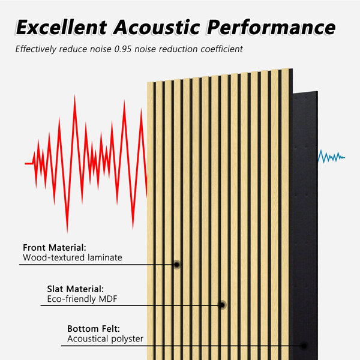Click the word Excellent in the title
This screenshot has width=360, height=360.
(x=61, y=28)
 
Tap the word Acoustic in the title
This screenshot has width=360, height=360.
(x=157, y=28)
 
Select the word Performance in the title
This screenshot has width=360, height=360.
(x=271, y=28)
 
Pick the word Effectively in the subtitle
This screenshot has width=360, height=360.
(x=36, y=49)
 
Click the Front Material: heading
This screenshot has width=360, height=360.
(x=55, y=247)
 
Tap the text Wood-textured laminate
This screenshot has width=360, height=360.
(x=73, y=257)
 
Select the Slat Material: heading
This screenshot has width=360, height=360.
(x=76, y=289)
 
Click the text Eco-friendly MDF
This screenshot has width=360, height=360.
(x=82, y=299)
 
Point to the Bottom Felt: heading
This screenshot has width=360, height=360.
(x=94, y=329)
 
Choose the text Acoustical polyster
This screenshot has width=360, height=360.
(x=105, y=338)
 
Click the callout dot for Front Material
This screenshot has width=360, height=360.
(x=177, y=265)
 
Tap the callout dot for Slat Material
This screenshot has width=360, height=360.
(x=222, y=305)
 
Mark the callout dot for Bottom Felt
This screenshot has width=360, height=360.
(x=304, y=346)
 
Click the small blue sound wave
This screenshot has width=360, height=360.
(x=331, y=157)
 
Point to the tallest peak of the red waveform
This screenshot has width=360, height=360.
(x=74, y=95)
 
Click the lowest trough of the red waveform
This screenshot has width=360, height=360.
(x=67, y=232)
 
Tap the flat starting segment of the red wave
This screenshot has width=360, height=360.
(x=29, y=163)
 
